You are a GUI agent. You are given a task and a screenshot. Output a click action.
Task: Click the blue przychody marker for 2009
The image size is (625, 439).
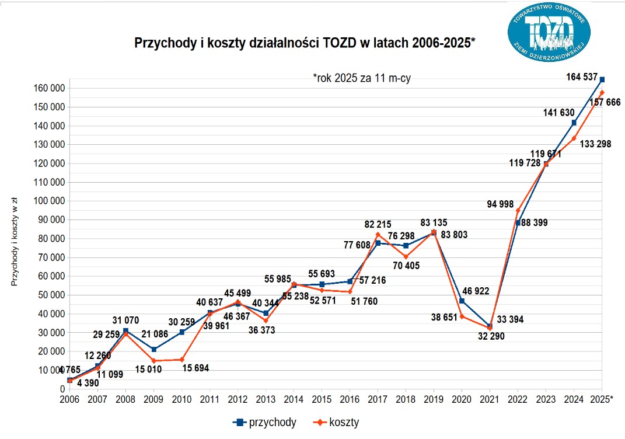153,349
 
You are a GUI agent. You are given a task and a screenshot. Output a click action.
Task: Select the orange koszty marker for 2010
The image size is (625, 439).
181,360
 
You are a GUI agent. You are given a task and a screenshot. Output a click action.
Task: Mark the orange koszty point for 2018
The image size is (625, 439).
406,256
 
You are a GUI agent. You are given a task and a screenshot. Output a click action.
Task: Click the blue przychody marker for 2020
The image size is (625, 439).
462,301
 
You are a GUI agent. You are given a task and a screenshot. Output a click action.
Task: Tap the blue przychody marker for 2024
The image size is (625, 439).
574,123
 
